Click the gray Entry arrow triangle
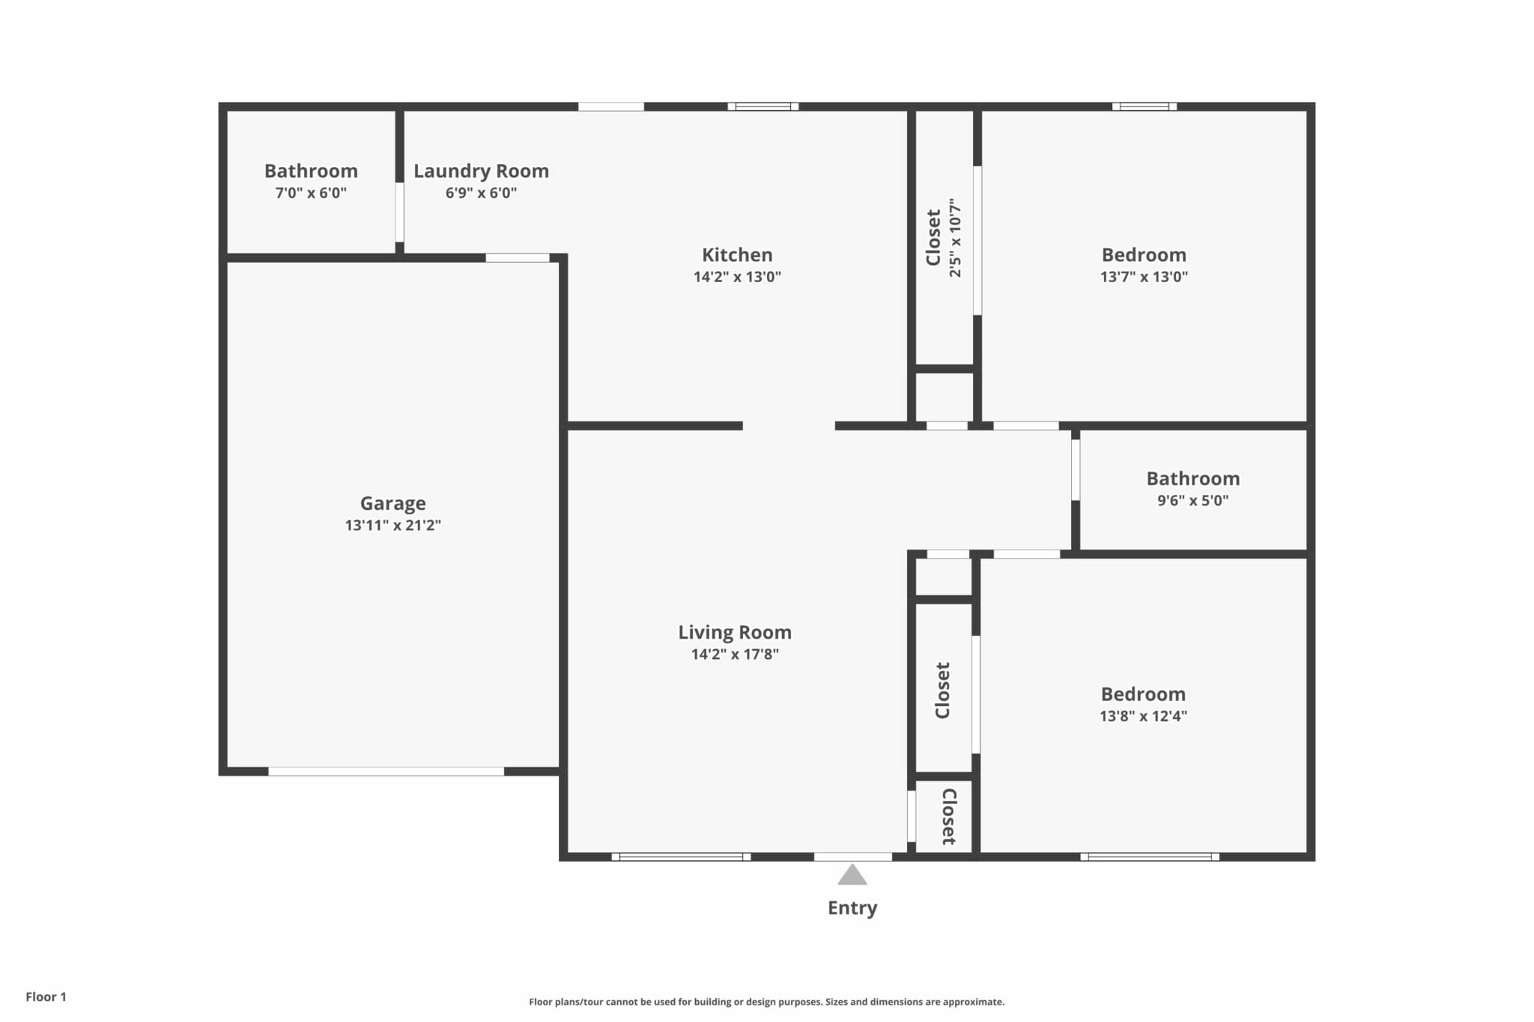coord(852,876)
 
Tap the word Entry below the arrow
coord(852,908)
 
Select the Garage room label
coord(392,503)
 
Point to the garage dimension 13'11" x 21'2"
coord(392,526)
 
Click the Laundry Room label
coord(481,171)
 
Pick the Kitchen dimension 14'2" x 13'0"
coord(737,277)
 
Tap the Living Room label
coord(735,633)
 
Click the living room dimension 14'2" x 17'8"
coord(735,654)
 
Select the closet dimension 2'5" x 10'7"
coord(955,238)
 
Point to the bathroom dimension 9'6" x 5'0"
coord(1192,501)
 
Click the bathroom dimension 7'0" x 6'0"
coord(311,193)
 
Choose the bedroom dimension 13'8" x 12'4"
coord(1143,717)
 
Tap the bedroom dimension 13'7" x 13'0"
coord(1144,277)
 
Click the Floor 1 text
coord(46,997)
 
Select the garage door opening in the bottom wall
coord(386,772)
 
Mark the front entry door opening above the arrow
coord(853,857)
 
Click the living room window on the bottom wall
coord(681,857)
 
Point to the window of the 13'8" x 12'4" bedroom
coord(1150,857)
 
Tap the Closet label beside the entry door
coord(948,817)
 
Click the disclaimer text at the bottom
coord(766,1002)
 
